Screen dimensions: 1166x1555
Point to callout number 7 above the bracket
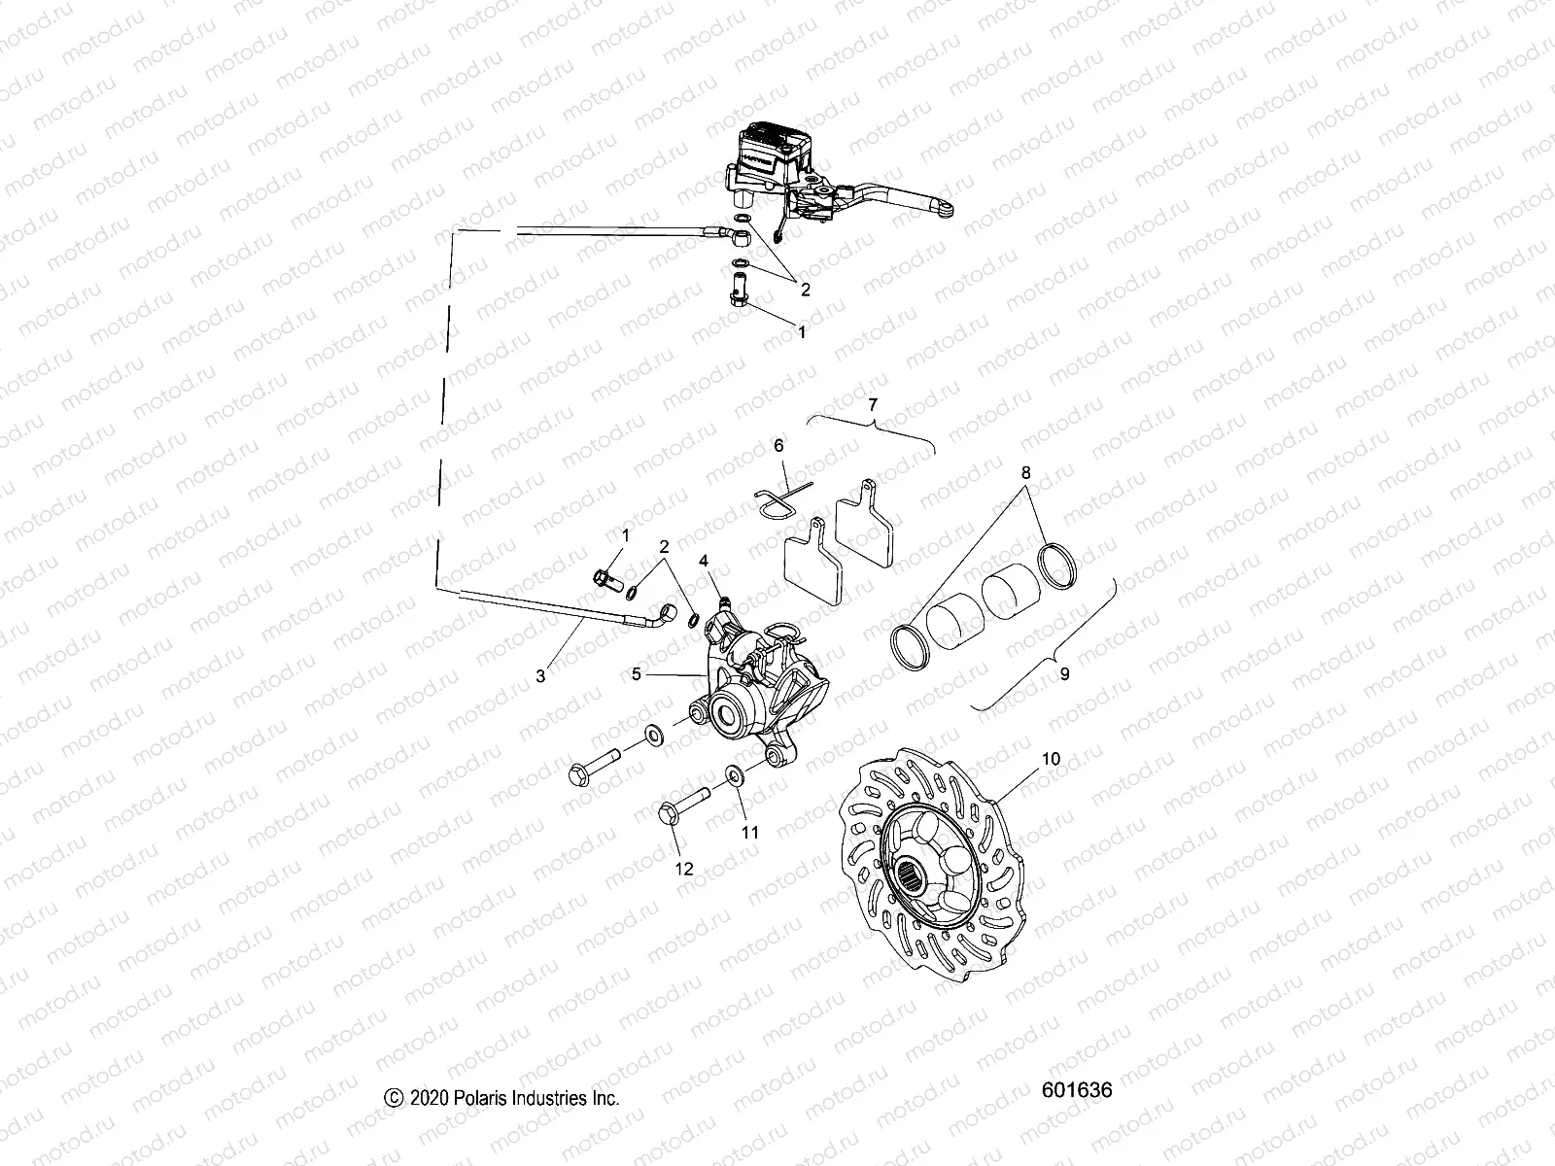pos(872,402)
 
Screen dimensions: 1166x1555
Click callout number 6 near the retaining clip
pos(777,445)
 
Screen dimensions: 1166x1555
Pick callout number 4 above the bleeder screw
pos(704,561)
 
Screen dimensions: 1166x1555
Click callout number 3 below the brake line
pos(540,676)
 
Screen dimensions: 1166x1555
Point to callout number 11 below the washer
pos(749,832)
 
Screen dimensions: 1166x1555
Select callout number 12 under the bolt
pos(684,869)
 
